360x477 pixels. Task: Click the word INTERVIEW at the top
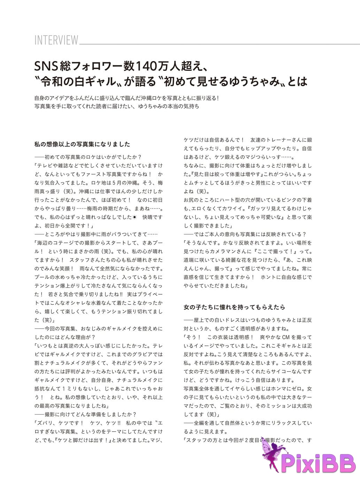pos(56,40)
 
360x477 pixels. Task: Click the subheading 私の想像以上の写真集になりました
pos(82,144)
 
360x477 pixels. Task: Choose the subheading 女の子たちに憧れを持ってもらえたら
pos(234,307)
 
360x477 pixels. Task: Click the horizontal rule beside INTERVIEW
pos(220,44)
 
